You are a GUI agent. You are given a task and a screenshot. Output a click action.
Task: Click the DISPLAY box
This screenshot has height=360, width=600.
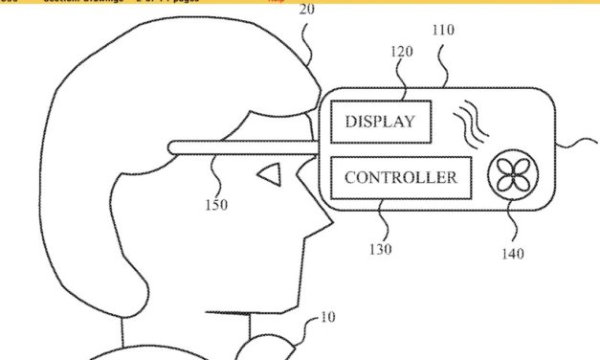[x=380, y=122]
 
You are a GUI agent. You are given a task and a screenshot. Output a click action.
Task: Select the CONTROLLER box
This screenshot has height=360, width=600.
[x=401, y=178]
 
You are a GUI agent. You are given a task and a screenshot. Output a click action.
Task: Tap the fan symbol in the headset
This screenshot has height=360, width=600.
[x=512, y=176]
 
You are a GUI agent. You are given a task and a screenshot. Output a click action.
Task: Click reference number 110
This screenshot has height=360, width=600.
[x=443, y=30]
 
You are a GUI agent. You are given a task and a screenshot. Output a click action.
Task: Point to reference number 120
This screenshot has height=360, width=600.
[x=402, y=52]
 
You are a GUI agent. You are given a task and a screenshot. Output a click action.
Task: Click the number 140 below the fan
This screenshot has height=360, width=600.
[x=512, y=254]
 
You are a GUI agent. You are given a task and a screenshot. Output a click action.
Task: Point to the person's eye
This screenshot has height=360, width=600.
[x=270, y=174]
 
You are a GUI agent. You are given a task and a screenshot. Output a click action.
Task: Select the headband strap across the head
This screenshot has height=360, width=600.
[x=239, y=147]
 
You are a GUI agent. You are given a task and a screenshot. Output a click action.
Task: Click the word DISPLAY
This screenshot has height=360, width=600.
[x=380, y=122]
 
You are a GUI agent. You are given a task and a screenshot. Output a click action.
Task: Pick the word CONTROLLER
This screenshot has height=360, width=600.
[x=401, y=178]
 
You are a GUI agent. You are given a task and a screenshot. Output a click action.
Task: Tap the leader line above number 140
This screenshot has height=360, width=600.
[x=510, y=222]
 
